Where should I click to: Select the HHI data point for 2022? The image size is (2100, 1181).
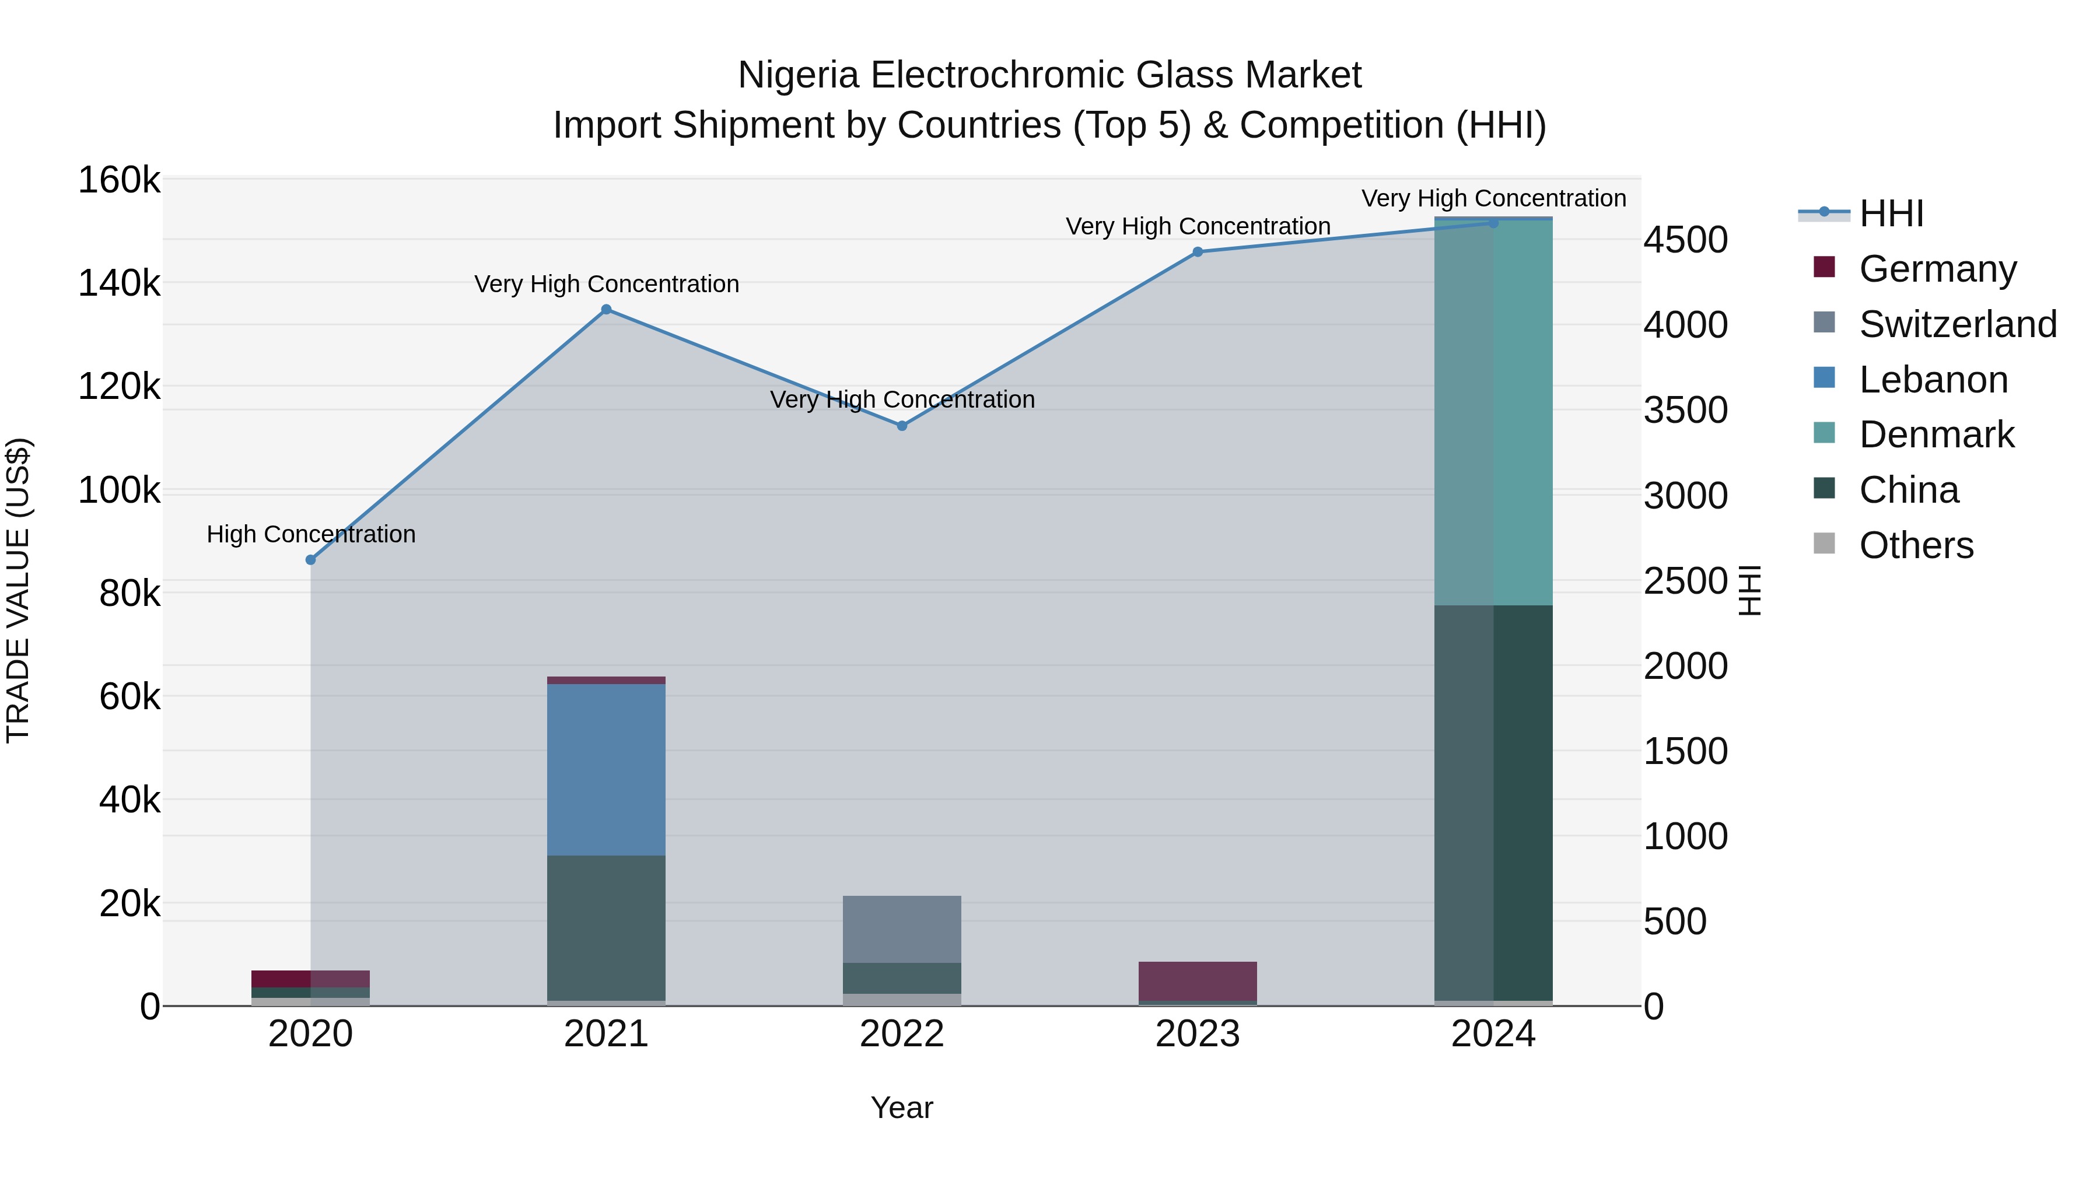coord(902,426)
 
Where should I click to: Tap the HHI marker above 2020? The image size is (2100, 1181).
coord(310,560)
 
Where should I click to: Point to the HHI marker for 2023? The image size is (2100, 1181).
coord(1198,252)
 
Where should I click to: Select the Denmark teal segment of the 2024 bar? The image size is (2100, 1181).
coord(1493,412)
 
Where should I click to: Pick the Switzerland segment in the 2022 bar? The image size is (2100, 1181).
coord(902,929)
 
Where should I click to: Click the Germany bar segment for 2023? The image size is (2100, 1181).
coord(1198,980)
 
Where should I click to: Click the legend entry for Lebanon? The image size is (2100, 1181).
coord(1933,380)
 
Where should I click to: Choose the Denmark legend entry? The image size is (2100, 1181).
coord(1936,434)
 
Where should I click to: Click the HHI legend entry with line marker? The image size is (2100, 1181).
coord(1891,213)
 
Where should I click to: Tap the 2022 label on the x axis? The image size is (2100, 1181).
coord(902,1034)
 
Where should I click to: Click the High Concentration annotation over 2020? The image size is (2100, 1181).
coord(310,534)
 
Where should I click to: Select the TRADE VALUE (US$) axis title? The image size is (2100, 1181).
coord(18,590)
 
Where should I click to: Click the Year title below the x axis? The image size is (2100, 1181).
coord(902,1108)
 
